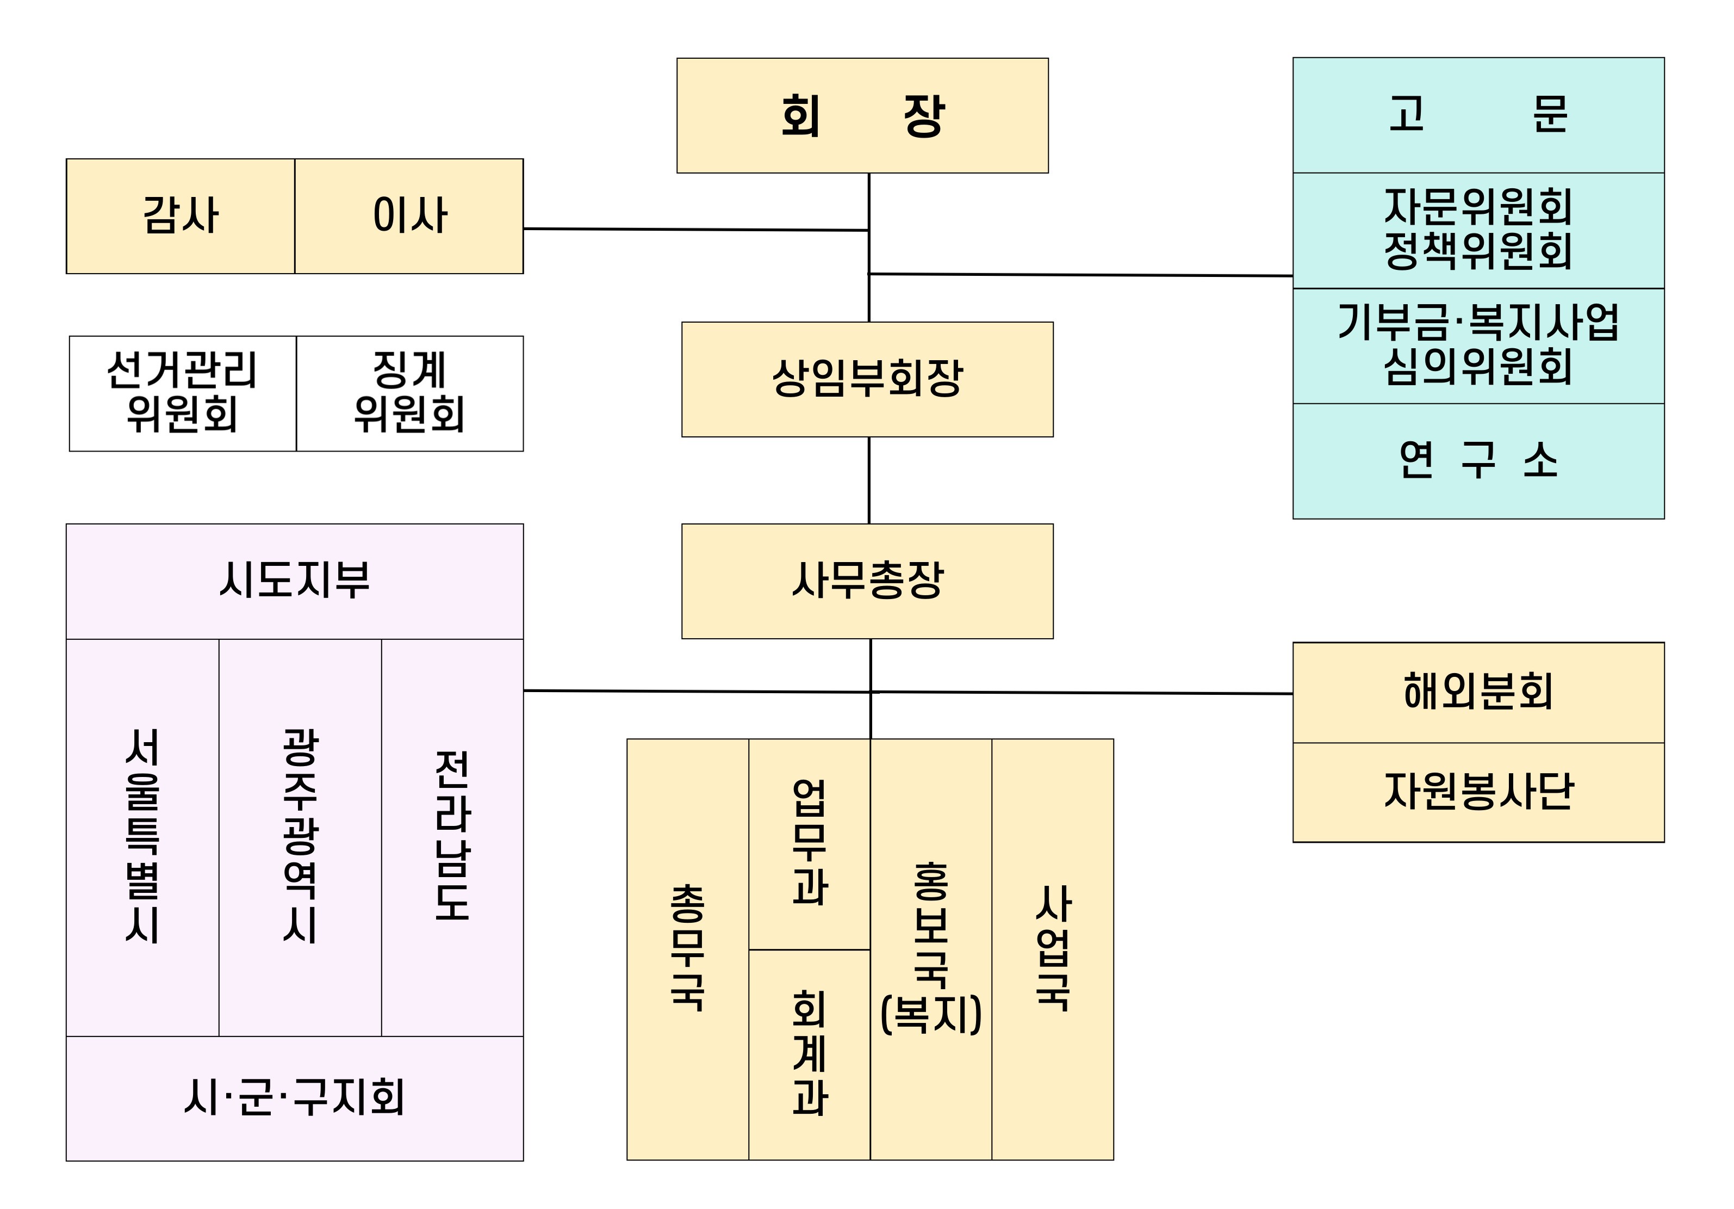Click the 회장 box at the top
point(862,115)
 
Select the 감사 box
point(181,216)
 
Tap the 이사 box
point(408,216)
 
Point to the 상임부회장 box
point(867,379)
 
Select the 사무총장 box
point(867,581)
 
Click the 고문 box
point(1478,115)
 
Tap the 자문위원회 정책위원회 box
point(1478,231)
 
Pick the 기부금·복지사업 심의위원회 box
point(1478,346)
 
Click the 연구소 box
point(1478,461)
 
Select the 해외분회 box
point(1478,692)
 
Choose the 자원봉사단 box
point(1478,792)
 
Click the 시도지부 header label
point(295,581)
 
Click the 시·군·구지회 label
point(295,1097)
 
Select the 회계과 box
point(809,1053)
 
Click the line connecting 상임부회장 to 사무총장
point(868,480)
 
